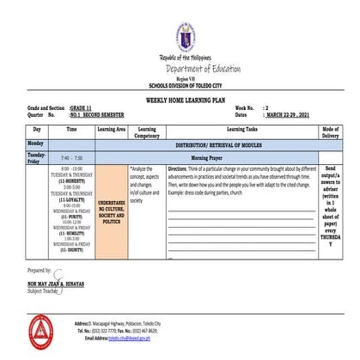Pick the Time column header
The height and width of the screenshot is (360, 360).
click(x=71, y=128)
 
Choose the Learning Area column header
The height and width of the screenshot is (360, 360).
click(x=112, y=128)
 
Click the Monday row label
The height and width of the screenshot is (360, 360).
click(x=36, y=143)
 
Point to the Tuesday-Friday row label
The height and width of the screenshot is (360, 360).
click(x=36, y=157)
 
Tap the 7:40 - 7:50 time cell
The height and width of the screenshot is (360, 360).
click(x=71, y=158)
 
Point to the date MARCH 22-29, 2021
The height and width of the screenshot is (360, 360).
click(x=292, y=114)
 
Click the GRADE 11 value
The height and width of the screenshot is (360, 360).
click(x=84, y=107)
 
